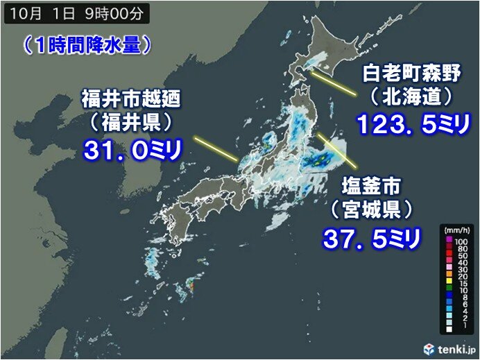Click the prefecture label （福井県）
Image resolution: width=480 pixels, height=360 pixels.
(x=130, y=123)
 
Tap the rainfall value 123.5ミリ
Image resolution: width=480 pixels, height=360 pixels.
(x=414, y=125)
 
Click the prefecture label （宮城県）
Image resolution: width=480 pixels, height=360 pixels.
(x=372, y=209)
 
